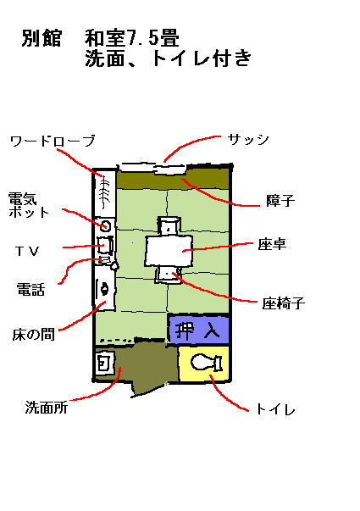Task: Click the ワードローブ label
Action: coord(53,142)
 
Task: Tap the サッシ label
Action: coord(248,140)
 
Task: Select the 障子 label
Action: coord(280,200)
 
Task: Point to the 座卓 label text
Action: coord(272,244)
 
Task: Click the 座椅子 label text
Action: coord(284,303)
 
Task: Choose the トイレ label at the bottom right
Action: coord(275,409)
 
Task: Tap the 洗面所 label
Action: coord(47,408)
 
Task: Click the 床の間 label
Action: coord(33,335)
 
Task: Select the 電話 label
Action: coord(30,289)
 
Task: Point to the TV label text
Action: coord(27,251)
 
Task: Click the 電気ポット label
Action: coord(28,205)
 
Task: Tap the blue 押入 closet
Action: coord(198,330)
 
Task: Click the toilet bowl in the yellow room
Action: coord(206,363)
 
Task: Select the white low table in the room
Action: coord(169,251)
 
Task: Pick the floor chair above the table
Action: coord(169,225)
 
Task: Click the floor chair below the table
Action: coord(168,275)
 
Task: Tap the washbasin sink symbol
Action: coord(104,363)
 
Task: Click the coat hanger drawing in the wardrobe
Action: coord(104,192)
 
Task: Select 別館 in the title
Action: coord(42,38)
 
